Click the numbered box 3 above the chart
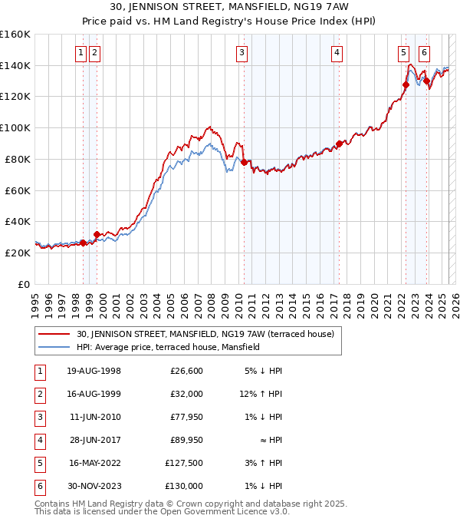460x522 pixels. [x=242, y=53]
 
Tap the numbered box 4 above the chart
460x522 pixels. [x=337, y=53]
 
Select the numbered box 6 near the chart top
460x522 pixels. [x=424, y=53]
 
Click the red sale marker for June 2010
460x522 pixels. [x=244, y=162]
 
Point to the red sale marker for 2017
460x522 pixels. [x=339, y=144]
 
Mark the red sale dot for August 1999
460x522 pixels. [x=97, y=234]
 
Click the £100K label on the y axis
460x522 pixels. [x=15, y=127]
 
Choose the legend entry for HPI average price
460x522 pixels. [x=168, y=347]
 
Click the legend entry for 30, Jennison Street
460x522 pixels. [x=205, y=334]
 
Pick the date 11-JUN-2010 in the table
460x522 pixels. [x=95, y=417]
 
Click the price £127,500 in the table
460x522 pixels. [x=184, y=463]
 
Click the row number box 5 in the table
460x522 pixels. [x=38, y=463]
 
